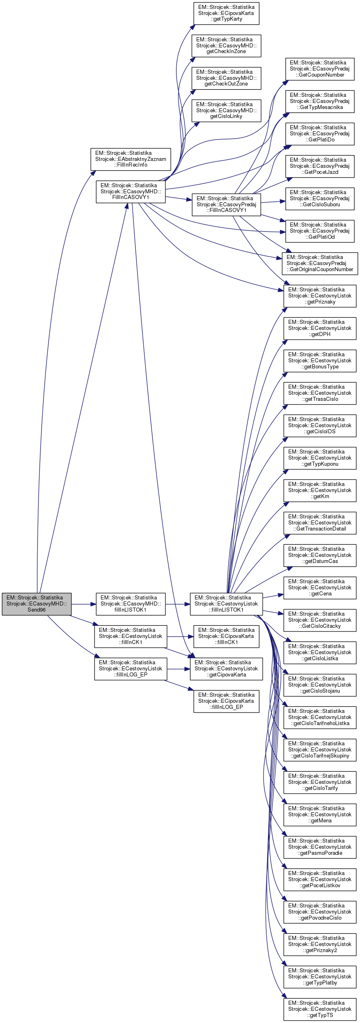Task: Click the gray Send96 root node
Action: (x=36, y=604)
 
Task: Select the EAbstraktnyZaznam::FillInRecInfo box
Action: (x=131, y=159)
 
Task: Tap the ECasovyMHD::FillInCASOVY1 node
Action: (x=131, y=192)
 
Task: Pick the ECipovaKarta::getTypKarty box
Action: (x=226, y=13)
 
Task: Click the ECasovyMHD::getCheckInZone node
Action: (x=226, y=46)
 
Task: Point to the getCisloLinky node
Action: (x=226, y=111)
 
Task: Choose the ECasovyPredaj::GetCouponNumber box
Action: (x=319, y=69)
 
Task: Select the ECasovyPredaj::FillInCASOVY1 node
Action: (x=226, y=205)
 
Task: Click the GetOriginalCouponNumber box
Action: (x=319, y=263)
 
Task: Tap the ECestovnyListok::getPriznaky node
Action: (x=319, y=296)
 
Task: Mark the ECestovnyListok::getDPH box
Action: (x=319, y=328)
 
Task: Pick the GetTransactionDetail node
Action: (x=319, y=523)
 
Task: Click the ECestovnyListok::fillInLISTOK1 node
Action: (x=226, y=604)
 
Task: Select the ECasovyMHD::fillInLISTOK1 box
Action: (x=131, y=604)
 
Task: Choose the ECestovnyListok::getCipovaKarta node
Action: (x=226, y=669)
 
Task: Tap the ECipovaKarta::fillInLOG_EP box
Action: (x=226, y=701)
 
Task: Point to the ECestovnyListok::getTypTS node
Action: (x=319, y=1009)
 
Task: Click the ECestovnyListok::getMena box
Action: (x=319, y=815)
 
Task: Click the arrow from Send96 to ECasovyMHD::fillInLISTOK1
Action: (x=84, y=604)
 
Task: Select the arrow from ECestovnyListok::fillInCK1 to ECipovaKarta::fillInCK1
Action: (x=180, y=637)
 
